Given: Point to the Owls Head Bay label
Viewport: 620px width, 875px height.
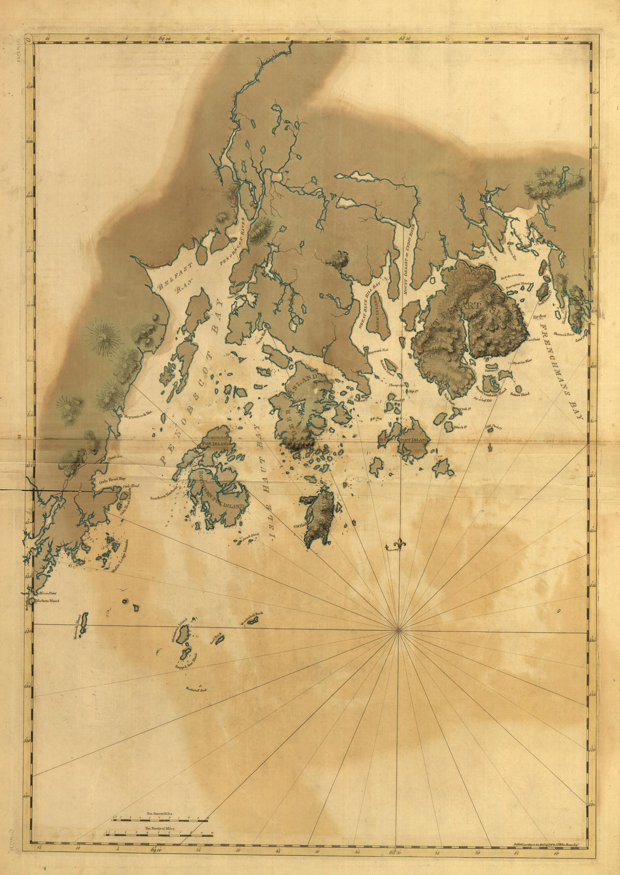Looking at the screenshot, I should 112,479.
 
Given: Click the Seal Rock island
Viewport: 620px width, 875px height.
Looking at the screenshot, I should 218,639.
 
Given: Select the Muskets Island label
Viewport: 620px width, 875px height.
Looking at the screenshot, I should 47,601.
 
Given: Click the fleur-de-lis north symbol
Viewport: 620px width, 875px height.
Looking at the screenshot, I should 399,544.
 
